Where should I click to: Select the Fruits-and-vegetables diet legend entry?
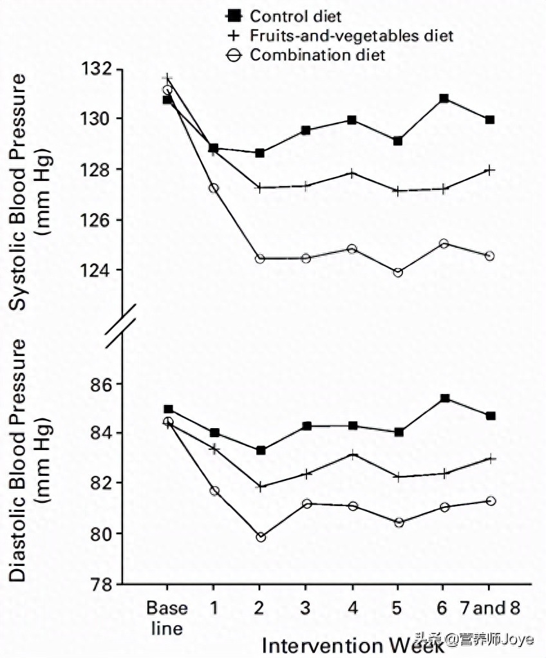341,35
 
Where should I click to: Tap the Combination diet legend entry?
306,55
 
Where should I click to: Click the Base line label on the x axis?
167,617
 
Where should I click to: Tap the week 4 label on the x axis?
352,608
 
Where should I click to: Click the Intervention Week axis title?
353,644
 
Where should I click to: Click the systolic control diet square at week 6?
444,99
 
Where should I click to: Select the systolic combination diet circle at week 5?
398,272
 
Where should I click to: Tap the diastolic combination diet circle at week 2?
261,537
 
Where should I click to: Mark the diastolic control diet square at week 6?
444,399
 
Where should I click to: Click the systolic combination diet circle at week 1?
214,188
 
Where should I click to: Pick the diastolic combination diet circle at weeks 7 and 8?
491,501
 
